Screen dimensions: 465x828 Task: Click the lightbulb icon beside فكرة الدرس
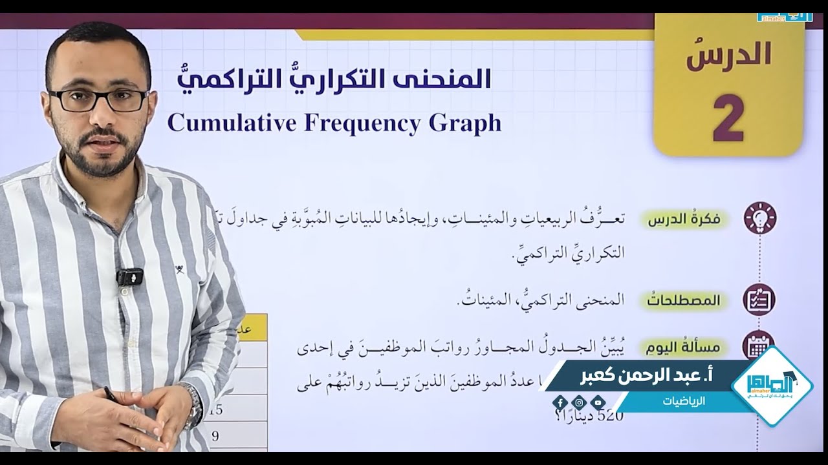759,218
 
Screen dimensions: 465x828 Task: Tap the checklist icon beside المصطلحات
759,299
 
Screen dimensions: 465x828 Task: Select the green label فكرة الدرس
686,220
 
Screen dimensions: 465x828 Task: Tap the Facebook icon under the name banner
560,403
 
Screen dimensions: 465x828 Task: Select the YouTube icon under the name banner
598,403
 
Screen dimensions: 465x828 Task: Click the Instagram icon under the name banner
579,403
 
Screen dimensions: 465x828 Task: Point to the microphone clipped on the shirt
129,276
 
